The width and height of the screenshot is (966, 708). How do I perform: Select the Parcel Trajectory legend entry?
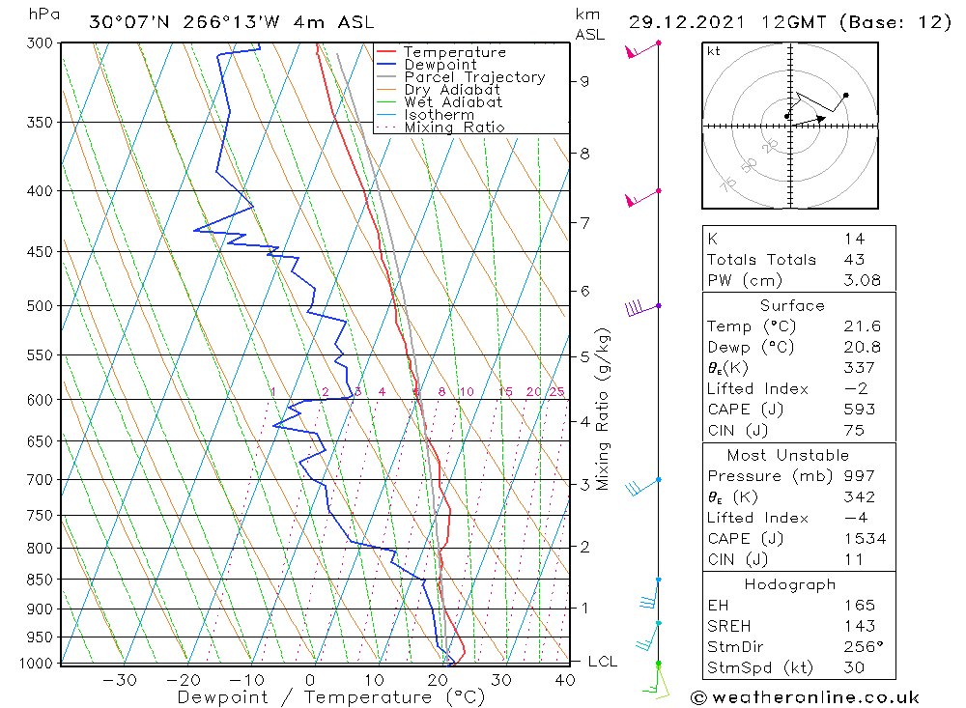pos(474,77)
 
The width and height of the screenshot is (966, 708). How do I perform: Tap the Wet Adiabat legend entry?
pos(453,102)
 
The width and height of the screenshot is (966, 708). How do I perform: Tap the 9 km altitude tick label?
pos(585,81)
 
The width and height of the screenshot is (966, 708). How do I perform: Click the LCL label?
pos(602,662)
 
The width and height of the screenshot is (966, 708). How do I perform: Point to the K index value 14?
pos(854,239)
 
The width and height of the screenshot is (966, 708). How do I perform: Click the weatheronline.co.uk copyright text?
pos(805,697)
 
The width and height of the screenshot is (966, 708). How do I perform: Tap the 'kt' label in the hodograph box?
pos(714,51)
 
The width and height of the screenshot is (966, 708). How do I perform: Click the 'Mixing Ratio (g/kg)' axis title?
pos(603,409)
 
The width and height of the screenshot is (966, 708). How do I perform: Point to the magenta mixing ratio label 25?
pos(556,391)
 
